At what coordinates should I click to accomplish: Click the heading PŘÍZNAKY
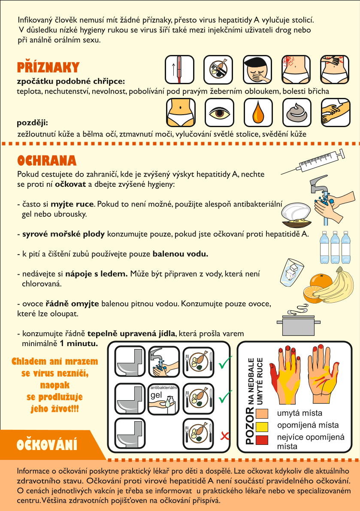point(48,67)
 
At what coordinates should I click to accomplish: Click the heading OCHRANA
point(47,161)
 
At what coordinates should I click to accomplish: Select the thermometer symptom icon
point(179,70)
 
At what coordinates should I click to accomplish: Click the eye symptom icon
point(219,113)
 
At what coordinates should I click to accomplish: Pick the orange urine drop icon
point(258,113)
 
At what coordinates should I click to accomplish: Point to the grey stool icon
point(297,113)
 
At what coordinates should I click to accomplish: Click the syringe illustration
point(312,162)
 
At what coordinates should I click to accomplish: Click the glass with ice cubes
point(291,273)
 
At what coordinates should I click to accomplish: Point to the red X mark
point(224,435)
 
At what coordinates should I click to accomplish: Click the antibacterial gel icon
point(164,399)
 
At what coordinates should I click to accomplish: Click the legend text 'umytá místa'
point(299,413)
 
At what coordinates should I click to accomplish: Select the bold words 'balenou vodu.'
point(180,254)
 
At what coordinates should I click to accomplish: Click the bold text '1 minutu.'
point(79,344)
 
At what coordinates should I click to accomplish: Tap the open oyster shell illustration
point(296,215)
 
